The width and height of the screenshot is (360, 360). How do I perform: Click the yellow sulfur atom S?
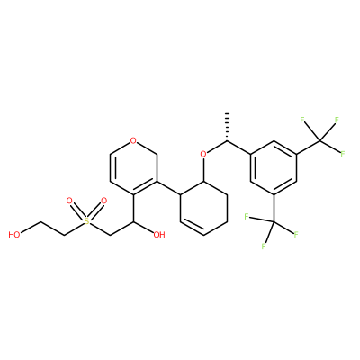coord(86,221)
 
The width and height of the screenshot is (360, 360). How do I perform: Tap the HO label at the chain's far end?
coord(14,235)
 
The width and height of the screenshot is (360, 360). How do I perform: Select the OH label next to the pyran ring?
coord(159,235)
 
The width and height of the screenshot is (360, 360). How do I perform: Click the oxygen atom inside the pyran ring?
coord(133,140)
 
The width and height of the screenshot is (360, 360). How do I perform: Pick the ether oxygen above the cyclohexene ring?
coord(203,155)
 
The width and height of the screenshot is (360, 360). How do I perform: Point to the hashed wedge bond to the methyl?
coord(228,127)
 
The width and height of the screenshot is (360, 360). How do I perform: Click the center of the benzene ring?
coord(274,167)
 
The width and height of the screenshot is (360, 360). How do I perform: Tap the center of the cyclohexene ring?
coord(203,208)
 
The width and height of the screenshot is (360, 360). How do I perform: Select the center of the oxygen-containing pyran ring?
coord(133,167)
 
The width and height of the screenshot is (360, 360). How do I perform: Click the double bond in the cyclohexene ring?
coord(192,227)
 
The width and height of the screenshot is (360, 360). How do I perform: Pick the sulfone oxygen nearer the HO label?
coord(69,201)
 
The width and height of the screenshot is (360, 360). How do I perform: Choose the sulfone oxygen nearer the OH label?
coord(103,201)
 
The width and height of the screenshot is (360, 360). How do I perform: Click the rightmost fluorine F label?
coord(343,155)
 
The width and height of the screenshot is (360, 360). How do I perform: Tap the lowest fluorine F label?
coord(264,247)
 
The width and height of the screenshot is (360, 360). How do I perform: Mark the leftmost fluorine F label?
coord(246,217)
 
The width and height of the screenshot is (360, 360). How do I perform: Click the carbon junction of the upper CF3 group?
coord(320,140)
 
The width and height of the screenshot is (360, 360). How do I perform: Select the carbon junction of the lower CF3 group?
coord(274,221)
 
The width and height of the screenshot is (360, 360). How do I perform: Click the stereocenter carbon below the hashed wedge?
coord(227,140)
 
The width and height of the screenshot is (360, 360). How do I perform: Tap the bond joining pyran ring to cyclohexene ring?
coord(168,188)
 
